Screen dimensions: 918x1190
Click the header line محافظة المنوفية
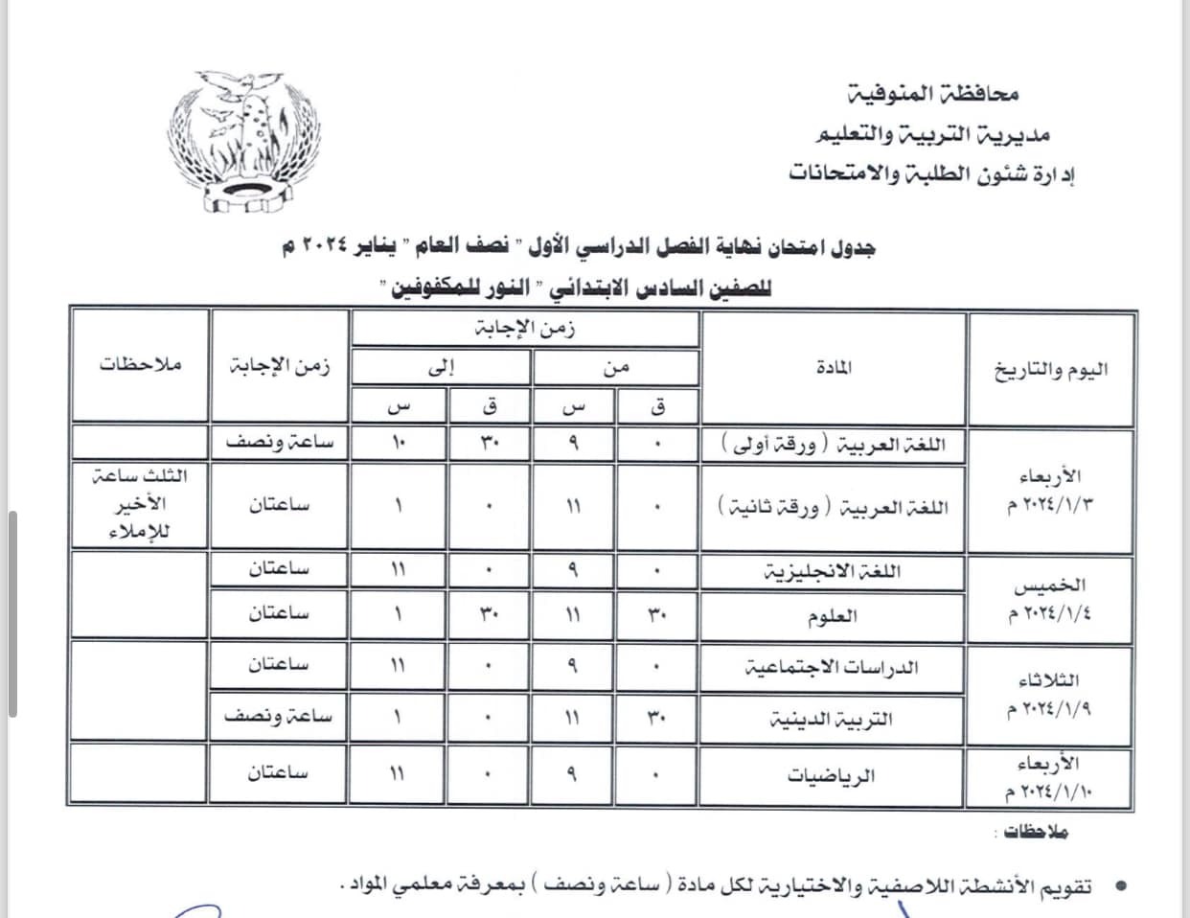934,94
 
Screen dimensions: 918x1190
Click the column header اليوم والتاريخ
1050,369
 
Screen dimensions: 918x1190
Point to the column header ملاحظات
140,365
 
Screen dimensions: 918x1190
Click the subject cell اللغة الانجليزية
832,572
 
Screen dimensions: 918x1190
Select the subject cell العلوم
832,617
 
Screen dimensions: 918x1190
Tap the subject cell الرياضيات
832,775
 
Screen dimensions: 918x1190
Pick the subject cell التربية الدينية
832,720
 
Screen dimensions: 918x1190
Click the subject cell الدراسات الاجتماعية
832,667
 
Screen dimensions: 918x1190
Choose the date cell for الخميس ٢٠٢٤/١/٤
1050,598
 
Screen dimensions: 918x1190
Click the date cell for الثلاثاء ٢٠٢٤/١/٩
1050,694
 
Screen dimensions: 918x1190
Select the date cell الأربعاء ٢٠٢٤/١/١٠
1050,777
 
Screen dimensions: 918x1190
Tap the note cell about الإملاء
140,504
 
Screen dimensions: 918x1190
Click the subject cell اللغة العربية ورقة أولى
832,445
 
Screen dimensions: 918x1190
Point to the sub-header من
615,368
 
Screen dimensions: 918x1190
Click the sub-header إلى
440,368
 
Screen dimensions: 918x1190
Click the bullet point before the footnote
1117,887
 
